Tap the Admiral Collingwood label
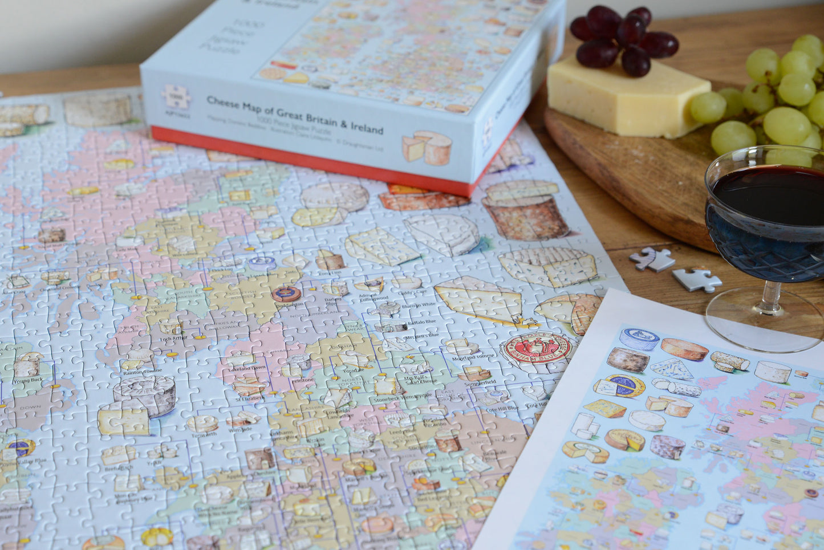tap(374, 297)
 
